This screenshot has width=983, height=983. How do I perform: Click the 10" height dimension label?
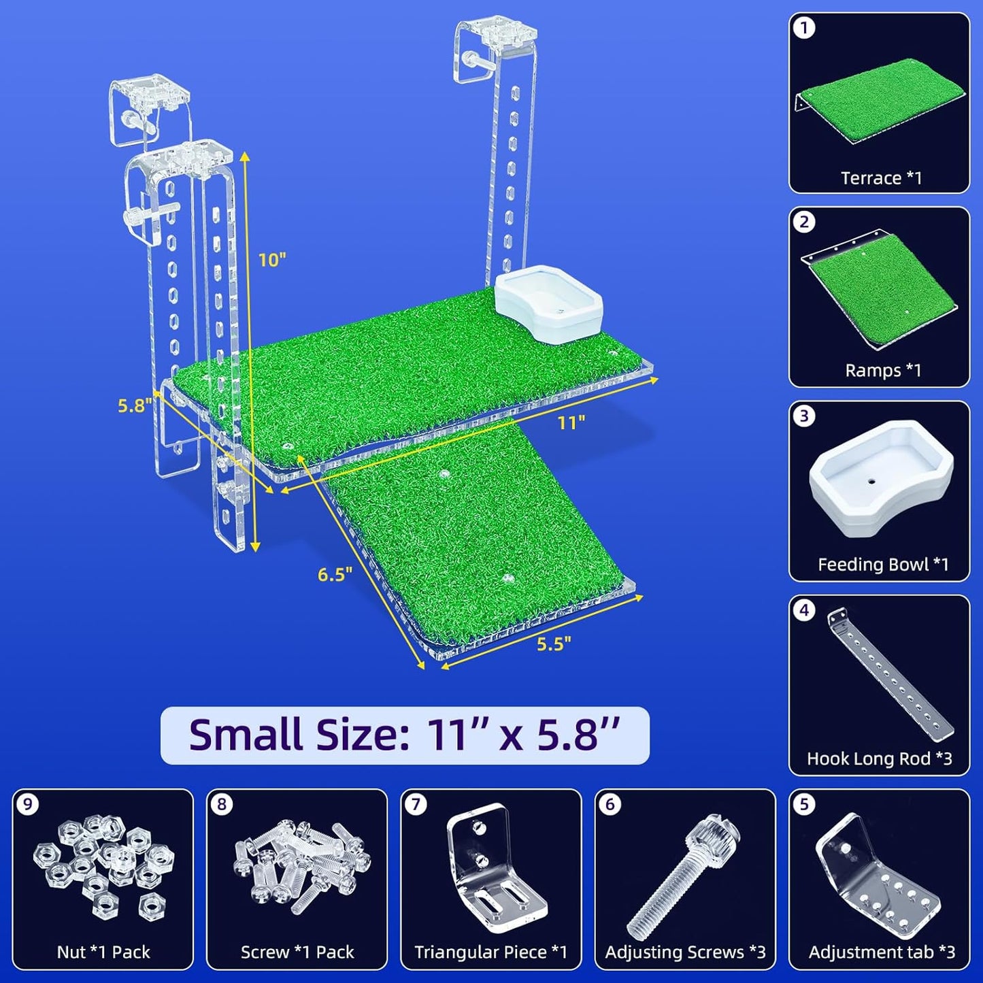(x=271, y=259)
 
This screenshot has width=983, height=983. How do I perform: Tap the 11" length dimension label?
(x=571, y=422)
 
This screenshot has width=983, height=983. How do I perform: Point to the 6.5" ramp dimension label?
(x=335, y=574)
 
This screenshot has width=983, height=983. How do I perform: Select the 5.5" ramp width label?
(x=554, y=644)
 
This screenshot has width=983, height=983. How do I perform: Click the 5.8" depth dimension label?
(x=134, y=405)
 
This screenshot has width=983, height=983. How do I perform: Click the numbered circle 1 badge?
(x=805, y=29)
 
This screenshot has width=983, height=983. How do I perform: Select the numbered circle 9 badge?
(x=28, y=805)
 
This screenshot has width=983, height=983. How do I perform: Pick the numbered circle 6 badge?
(x=610, y=805)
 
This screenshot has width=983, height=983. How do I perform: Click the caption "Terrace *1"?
(x=881, y=178)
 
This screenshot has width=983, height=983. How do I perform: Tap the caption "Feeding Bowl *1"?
(x=882, y=565)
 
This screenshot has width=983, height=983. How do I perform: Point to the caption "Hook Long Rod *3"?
(x=879, y=759)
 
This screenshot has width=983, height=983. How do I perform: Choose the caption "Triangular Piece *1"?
(x=490, y=952)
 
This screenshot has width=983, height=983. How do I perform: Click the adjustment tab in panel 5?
(x=877, y=874)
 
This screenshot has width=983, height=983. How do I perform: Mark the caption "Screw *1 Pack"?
(x=297, y=952)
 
